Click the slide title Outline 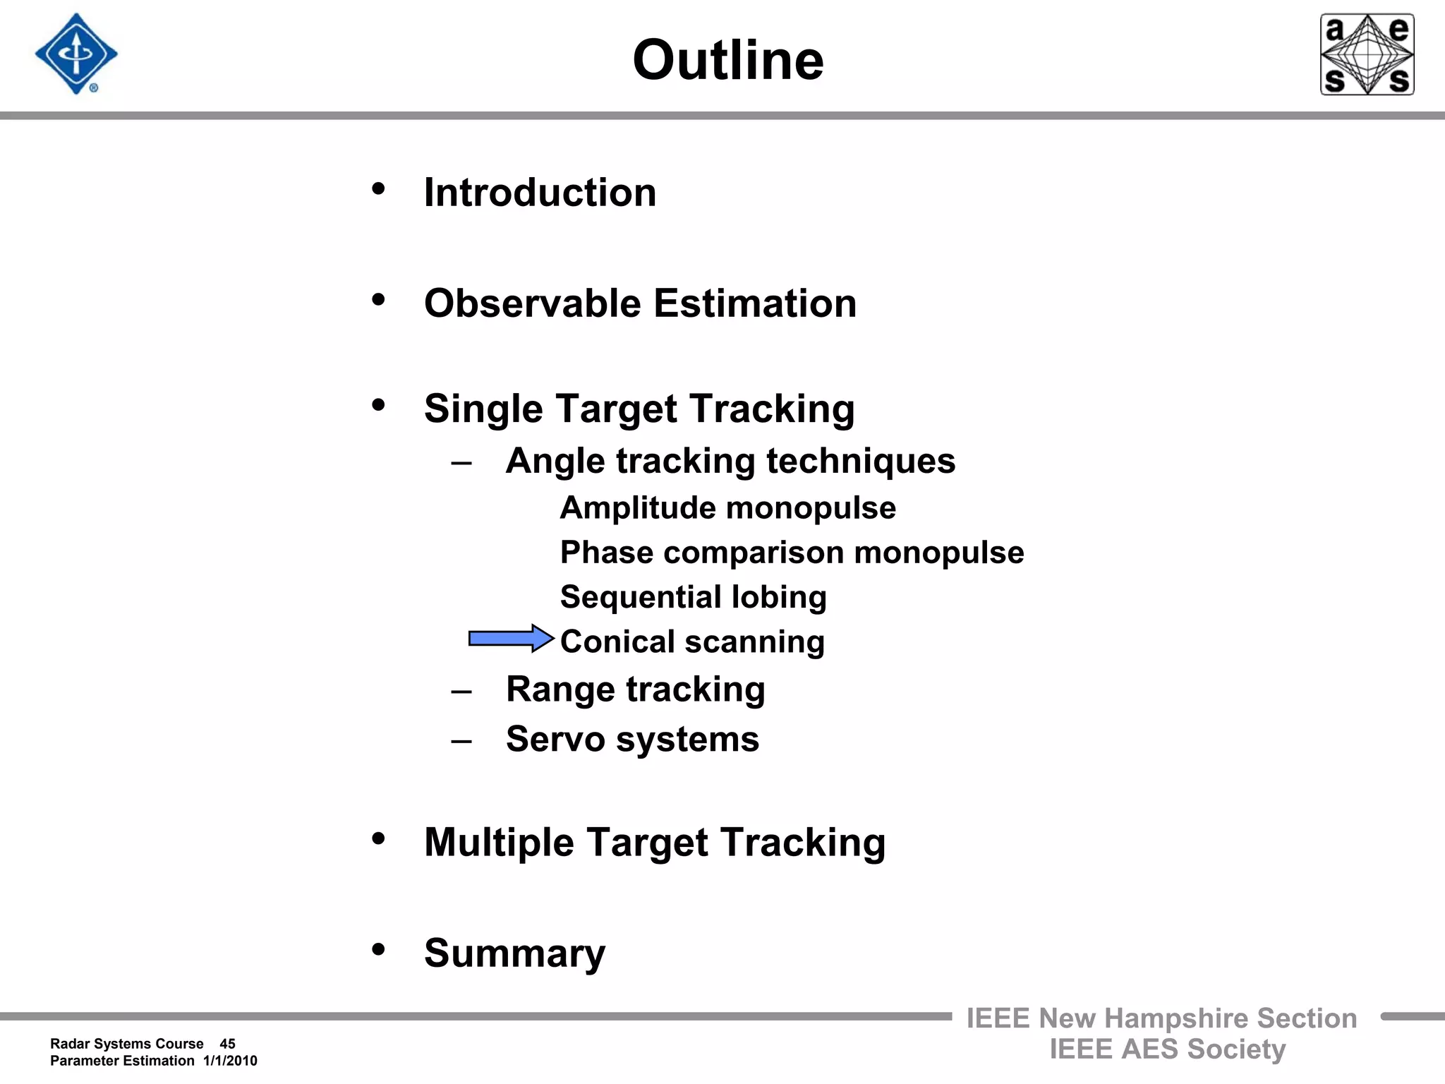[727, 60]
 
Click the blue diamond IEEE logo [76, 54]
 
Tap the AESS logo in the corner [1367, 54]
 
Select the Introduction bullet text [540, 192]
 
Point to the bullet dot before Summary [379, 949]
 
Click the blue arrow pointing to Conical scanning [511, 639]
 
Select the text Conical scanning [692, 642]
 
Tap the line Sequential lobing [693, 597]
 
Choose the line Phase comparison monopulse [792, 553]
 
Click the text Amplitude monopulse [727, 508]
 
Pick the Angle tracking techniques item [730, 461]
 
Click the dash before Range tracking [461, 691]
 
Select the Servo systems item [632, 739]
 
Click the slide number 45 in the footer [227, 1044]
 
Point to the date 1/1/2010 [230, 1061]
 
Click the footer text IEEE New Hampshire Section [1161, 1018]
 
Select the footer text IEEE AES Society [1167, 1049]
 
